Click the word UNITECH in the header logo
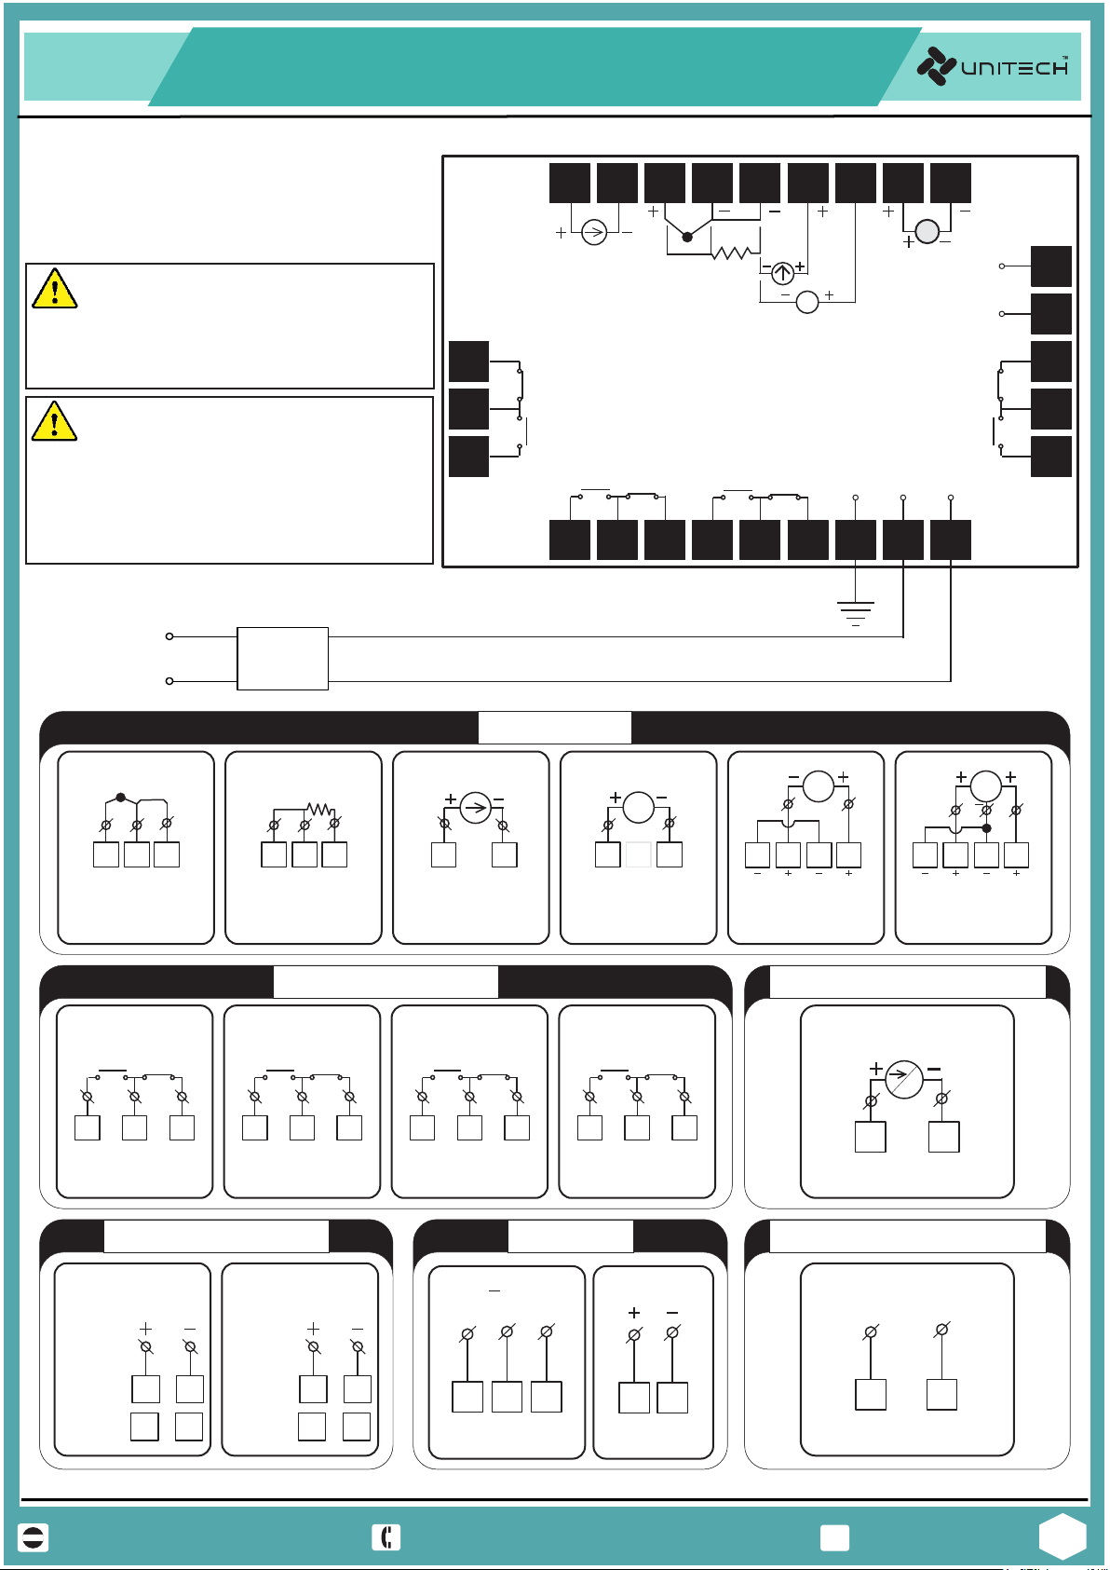click(1014, 68)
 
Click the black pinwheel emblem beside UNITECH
click(936, 66)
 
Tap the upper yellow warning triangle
click(54, 288)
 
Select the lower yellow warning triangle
click(54, 421)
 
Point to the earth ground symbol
click(855, 613)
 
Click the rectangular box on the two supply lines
click(282, 658)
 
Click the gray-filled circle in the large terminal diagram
click(927, 231)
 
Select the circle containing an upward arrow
click(783, 272)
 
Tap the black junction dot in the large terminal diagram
click(687, 237)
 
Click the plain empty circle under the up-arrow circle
click(807, 302)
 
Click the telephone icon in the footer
click(386, 1537)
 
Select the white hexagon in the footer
click(1063, 1536)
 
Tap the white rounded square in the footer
click(834, 1537)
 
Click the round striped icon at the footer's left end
click(34, 1537)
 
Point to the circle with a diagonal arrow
click(903, 1079)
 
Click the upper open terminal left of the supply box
click(169, 636)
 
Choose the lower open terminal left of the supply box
click(169, 681)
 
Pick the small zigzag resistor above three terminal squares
click(319, 810)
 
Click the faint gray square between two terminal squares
click(638, 854)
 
